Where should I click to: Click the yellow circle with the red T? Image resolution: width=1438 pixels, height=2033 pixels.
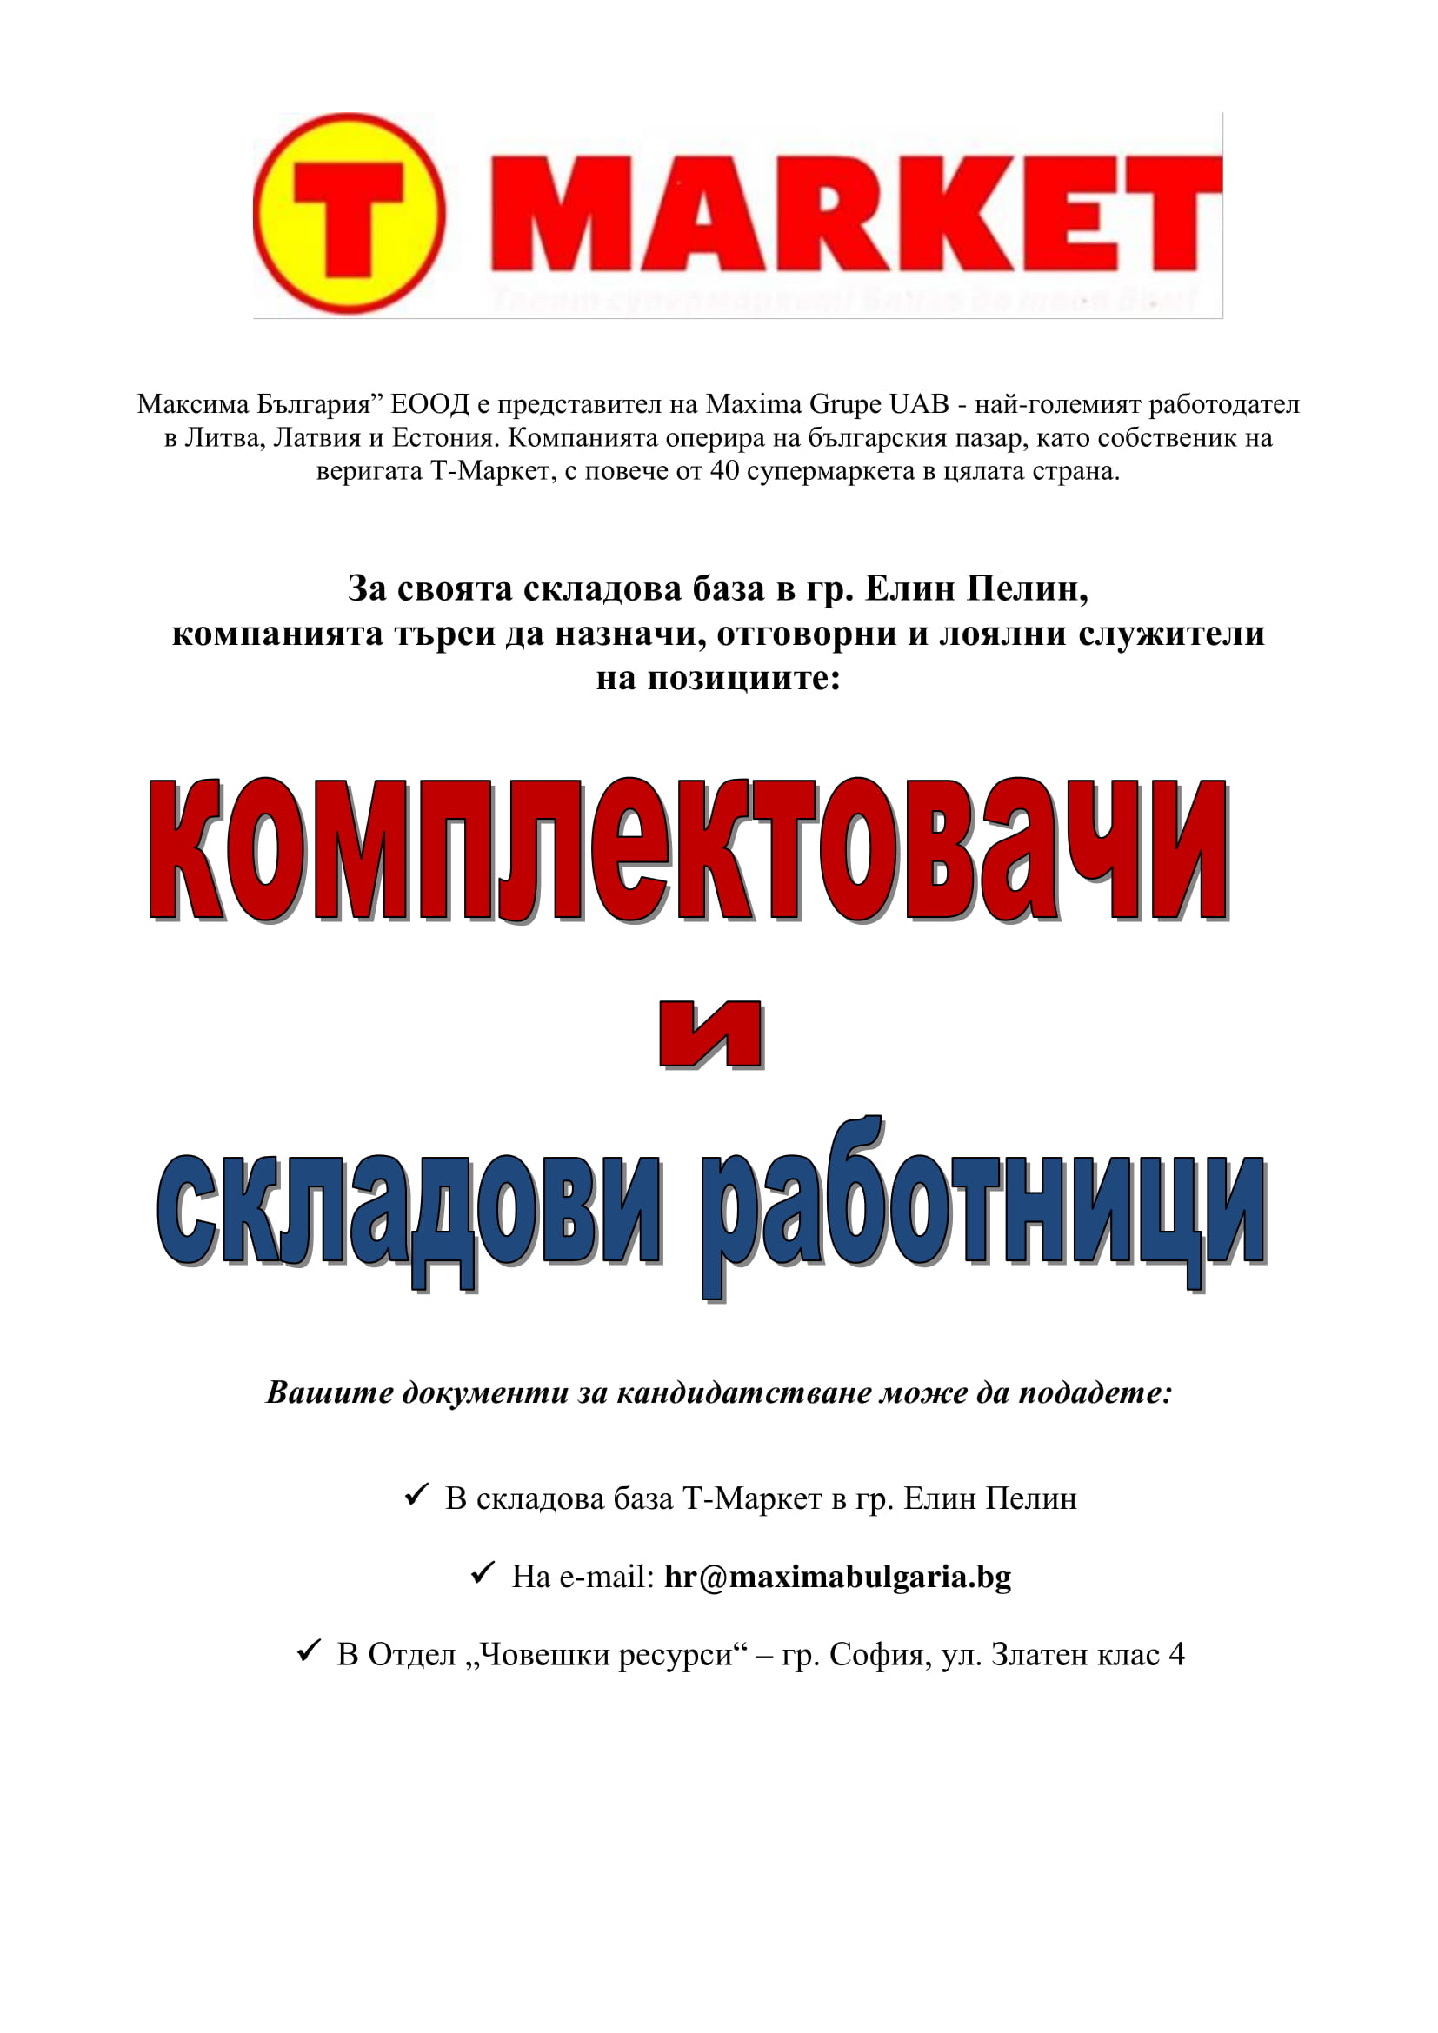point(349,214)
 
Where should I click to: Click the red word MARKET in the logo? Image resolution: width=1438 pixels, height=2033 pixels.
point(855,214)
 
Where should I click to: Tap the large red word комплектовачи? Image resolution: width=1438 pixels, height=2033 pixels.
point(688,851)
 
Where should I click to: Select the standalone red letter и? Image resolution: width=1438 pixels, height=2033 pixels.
point(711,1033)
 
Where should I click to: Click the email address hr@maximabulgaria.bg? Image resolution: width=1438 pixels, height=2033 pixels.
point(836,1577)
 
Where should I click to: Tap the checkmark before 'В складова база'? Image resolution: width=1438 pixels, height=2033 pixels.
point(416,1496)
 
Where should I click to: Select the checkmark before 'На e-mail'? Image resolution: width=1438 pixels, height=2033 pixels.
point(483,1573)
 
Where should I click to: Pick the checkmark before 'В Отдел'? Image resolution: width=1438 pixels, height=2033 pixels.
point(308,1651)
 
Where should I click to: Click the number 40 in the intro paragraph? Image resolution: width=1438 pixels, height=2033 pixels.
point(724,471)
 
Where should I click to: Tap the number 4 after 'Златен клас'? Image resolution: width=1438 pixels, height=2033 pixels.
point(1176,1654)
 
